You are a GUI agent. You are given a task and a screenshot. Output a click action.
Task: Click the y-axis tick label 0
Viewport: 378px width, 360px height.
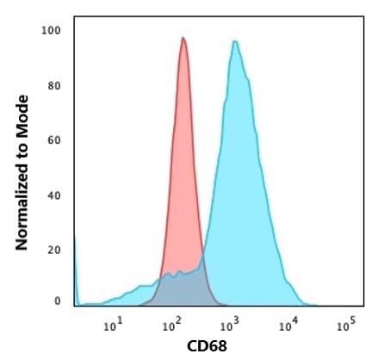[x=57, y=301]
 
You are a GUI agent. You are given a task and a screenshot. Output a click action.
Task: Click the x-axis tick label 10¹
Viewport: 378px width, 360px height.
[x=113, y=326]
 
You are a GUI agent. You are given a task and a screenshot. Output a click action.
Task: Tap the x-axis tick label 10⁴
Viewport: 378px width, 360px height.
[x=288, y=326]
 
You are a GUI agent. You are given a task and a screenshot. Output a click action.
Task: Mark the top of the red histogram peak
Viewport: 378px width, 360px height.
[x=183, y=38]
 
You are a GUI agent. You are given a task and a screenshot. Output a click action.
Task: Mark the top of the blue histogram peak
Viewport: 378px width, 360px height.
[x=234, y=41]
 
